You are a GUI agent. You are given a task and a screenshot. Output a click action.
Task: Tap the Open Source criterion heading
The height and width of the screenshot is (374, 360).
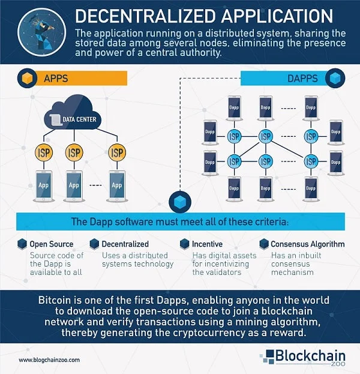(x=52, y=244)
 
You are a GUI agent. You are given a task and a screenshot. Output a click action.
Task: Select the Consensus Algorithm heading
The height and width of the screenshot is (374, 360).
(x=307, y=244)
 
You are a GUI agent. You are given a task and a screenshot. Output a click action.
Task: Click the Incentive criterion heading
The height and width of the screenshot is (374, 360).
(x=208, y=244)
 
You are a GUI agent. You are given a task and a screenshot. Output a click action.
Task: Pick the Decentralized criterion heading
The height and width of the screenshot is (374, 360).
(x=125, y=244)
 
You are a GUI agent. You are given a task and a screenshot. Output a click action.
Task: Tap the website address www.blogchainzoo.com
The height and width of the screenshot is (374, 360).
(x=50, y=360)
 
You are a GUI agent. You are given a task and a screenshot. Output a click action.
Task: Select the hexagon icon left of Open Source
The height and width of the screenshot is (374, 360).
(x=22, y=244)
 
